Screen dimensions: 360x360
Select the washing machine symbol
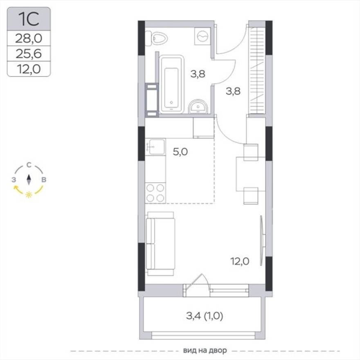click(x=202, y=36)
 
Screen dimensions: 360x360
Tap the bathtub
click(x=171, y=85)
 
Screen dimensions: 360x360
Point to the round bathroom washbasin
click(x=198, y=107)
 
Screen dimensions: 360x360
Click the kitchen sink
click(x=155, y=147)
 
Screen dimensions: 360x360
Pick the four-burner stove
click(x=155, y=193)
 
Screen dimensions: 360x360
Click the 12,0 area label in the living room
click(x=240, y=261)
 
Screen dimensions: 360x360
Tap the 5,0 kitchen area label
click(x=180, y=152)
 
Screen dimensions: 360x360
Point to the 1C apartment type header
click(x=29, y=19)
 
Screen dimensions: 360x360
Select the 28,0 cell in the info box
click(x=29, y=38)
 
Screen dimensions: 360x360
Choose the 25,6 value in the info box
click(x=29, y=54)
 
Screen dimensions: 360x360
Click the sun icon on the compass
click(x=29, y=195)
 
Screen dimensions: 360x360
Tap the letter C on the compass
click(x=29, y=165)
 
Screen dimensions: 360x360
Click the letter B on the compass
click(x=44, y=180)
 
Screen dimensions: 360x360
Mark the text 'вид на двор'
click(x=205, y=351)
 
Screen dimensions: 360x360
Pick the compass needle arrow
click(x=29, y=180)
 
